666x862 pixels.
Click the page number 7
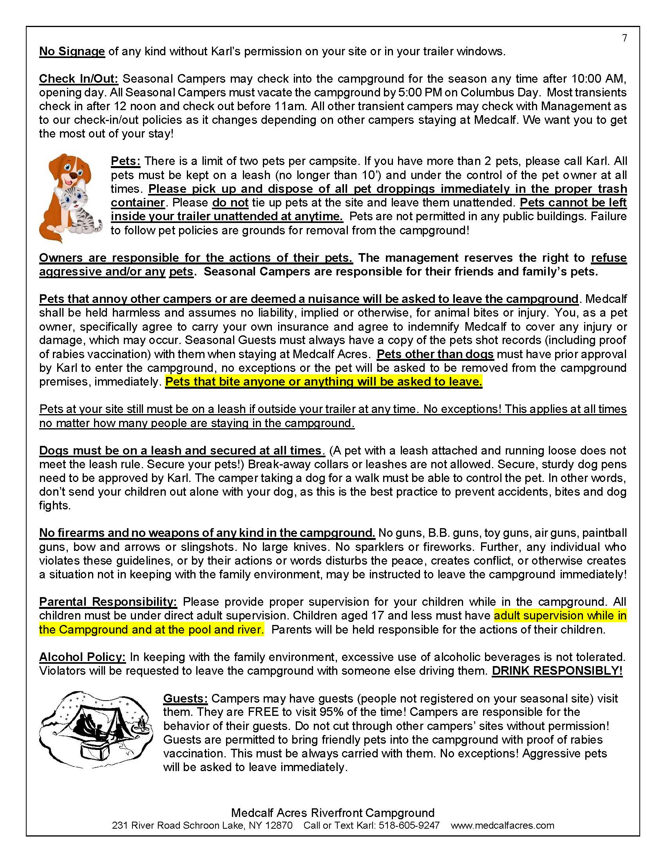click(x=624, y=38)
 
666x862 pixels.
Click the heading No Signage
click(x=72, y=51)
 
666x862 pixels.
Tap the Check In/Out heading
click(x=78, y=78)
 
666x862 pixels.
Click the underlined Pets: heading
click(x=125, y=161)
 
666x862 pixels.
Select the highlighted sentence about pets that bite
click(x=324, y=382)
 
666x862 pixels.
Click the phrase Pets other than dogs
click(x=435, y=354)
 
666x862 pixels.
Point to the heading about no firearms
click(x=207, y=533)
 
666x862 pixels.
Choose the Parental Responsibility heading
click(x=108, y=601)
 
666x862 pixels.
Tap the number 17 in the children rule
click(x=378, y=615)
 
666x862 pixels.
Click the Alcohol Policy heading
click(x=82, y=657)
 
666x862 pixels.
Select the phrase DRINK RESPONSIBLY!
click(x=557, y=670)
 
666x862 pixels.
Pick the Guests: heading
click(x=185, y=698)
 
